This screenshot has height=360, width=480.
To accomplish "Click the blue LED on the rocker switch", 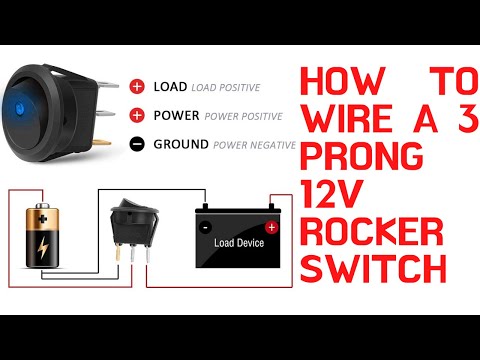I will pyautogui.click(x=47, y=101).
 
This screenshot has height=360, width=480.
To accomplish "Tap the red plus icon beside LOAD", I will pyautogui.click(x=138, y=87).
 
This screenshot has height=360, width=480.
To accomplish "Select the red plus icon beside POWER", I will pyautogui.click(x=138, y=115).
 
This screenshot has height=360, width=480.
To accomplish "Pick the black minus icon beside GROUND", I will pyautogui.click(x=138, y=143).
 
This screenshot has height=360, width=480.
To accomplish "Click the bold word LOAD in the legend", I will pyautogui.click(x=170, y=87).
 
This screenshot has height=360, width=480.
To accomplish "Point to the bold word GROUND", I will pyautogui.click(x=181, y=143).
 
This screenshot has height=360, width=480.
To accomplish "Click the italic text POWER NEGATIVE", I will pyautogui.click(x=253, y=144).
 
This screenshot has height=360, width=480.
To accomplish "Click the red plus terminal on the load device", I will pyautogui.click(x=270, y=227).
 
